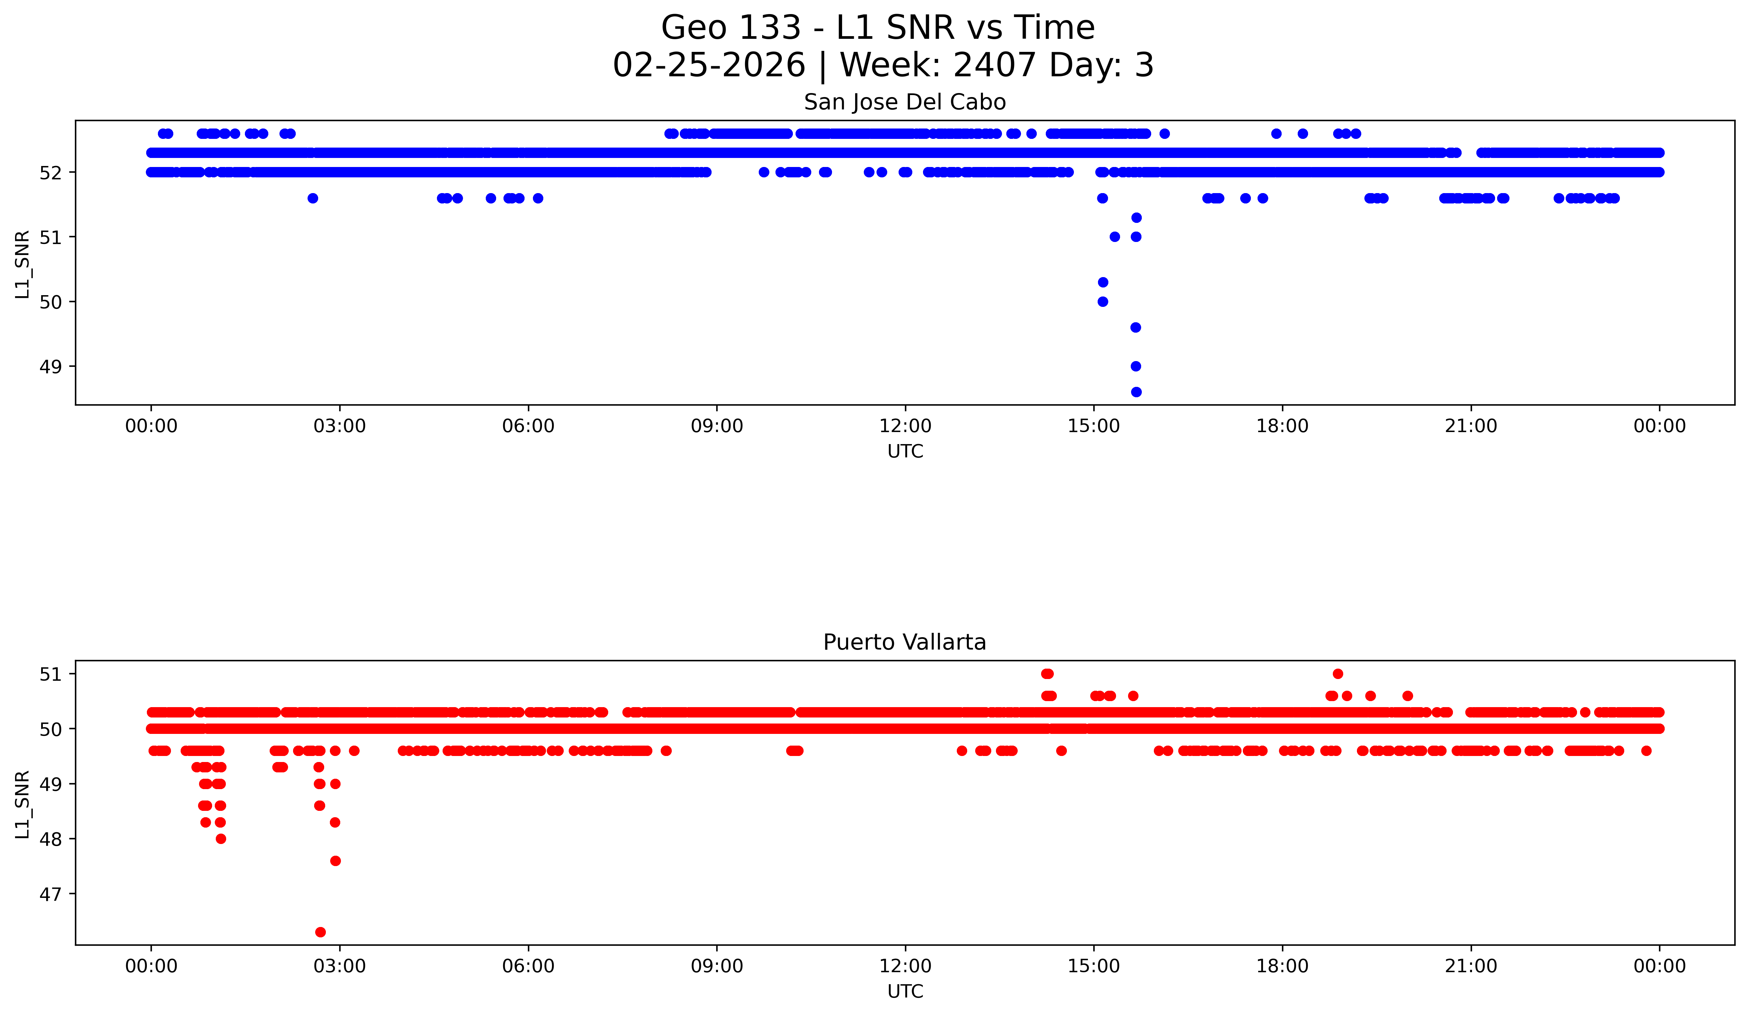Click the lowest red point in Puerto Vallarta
(320, 932)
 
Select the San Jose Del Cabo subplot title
(905, 103)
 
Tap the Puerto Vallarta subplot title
(905, 643)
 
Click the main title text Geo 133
(731, 28)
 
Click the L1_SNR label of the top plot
(23, 264)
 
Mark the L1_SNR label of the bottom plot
(23, 804)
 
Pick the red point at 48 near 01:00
(220, 839)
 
